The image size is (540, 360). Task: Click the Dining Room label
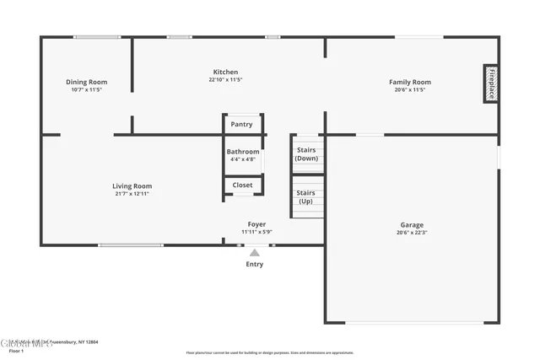tap(87, 82)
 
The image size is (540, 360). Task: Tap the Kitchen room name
tap(225, 73)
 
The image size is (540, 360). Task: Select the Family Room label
tap(410, 82)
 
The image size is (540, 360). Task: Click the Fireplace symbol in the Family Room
tap(489, 84)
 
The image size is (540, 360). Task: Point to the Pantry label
tap(241, 125)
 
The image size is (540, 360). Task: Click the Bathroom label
tap(242, 152)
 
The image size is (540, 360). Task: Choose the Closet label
tap(242, 185)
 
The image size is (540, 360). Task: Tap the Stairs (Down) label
tap(306, 153)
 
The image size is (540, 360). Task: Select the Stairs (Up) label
tap(305, 196)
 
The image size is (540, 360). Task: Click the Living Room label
tap(132, 186)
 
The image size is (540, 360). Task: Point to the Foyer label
tap(256, 224)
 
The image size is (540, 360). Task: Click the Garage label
tap(412, 224)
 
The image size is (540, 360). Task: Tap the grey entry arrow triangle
tap(255, 251)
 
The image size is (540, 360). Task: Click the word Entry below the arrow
tap(255, 264)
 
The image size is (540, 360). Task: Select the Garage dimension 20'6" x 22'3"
tap(412, 233)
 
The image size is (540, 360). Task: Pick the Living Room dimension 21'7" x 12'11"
tap(132, 194)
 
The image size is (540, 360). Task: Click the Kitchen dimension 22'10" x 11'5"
tap(225, 80)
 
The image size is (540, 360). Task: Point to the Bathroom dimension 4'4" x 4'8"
tap(242, 159)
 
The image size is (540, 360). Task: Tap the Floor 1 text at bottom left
tap(16, 351)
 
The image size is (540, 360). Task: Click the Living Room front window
tap(131, 245)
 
